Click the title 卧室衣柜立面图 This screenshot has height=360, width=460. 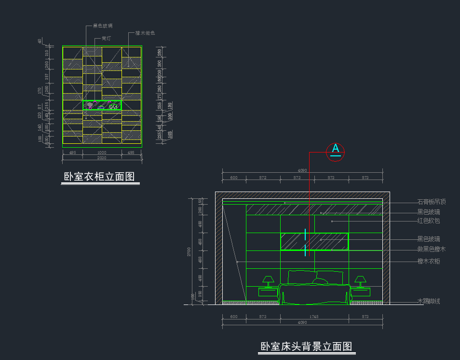(x=99, y=177)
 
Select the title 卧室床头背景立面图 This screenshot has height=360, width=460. (x=306, y=346)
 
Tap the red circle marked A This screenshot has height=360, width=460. (x=336, y=151)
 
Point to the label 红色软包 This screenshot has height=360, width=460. (x=429, y=221)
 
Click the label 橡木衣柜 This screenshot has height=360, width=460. (x=429, y=262)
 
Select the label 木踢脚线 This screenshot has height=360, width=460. (x=429, y=302)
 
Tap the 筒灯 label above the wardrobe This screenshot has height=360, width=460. (x=107, y=38)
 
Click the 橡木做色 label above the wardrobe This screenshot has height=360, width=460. (x=145, y=33)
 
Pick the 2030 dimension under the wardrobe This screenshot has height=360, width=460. (x=102, y=158)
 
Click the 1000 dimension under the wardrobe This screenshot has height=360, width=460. (x=102, y=152)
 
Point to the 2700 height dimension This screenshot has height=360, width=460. (x=189, y=251)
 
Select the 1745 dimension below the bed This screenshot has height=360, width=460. (x=313, y=317)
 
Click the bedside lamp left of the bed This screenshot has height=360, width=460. (x=268, y=280)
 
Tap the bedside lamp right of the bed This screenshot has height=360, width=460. (x=360, y=280)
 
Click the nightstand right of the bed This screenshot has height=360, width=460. (x=360, y=292)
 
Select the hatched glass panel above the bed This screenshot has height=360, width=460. (x=314, y=241)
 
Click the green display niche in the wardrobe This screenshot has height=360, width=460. (x=102, y=105)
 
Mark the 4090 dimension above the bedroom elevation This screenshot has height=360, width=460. (x=302, y=170)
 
